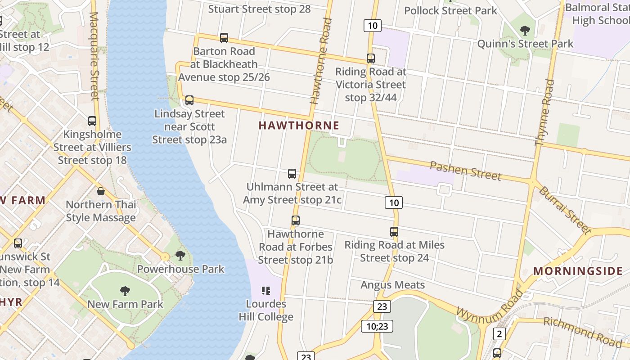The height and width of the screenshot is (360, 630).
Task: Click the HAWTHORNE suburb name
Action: [299, 126]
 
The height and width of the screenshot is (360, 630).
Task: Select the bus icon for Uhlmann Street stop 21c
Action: [292, 174]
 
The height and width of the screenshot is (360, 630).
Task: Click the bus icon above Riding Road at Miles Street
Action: [394, 232]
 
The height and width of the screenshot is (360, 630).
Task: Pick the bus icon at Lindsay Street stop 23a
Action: [189, 100]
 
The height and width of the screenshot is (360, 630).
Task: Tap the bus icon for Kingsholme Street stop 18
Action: [92, 121]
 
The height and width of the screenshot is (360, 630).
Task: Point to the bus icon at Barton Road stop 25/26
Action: [224, 38]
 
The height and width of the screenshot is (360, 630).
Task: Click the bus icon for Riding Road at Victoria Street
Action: [371, 58]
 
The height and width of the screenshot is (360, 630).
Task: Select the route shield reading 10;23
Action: [377, 326]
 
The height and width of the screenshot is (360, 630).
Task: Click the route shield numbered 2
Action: [499, 334]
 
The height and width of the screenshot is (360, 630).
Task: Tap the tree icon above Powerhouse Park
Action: [180, 256]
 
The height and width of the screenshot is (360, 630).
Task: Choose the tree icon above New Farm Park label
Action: [125, 291]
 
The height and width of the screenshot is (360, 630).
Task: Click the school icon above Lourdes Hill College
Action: [266, 290]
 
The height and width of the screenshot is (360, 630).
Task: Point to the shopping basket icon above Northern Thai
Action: [101, 191]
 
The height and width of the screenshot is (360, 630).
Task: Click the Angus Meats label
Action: [393, 285]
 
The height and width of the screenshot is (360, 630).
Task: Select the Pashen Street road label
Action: [465, 171]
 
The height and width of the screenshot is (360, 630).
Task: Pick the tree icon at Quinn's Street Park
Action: [525, 31]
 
